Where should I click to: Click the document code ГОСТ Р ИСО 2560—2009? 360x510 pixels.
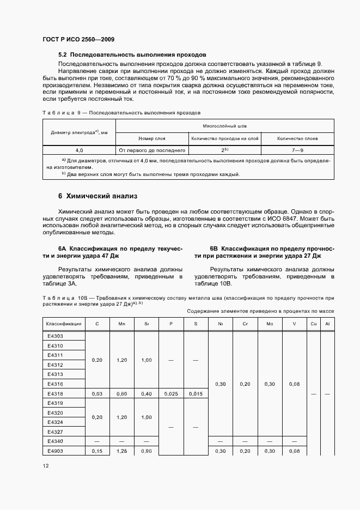(78, 40)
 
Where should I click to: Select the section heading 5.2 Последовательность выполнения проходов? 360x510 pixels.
(132, 55)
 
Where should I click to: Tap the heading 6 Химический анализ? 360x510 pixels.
(98, 196)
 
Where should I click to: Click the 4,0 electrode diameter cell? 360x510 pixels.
(79, 150)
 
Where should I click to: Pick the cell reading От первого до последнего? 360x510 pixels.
(152, 150)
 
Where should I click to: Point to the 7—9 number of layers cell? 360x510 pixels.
(297, 150)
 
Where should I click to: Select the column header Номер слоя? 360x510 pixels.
(152, 138)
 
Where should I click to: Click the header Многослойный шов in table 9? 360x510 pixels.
(225, 125)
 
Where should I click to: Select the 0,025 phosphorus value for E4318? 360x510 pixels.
(171, 393)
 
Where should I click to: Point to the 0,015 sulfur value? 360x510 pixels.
(196, 393)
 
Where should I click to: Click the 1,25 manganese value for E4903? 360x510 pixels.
(122, 451)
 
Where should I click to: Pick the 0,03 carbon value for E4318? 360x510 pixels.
(97, 393)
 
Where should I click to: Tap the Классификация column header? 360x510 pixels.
(64, 324)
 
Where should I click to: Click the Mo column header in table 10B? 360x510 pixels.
(270, 324)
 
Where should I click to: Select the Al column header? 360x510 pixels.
(327, 324)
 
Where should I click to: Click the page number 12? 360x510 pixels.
(46, 466)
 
